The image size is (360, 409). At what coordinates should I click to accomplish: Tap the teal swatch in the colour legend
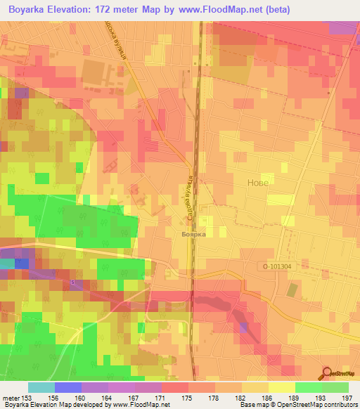click(41, 387)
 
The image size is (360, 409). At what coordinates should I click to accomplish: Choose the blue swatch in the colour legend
click(67, 387)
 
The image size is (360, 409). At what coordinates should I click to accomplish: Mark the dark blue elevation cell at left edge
click(22, 264)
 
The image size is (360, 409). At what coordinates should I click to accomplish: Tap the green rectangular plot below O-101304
click(292, 289)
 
